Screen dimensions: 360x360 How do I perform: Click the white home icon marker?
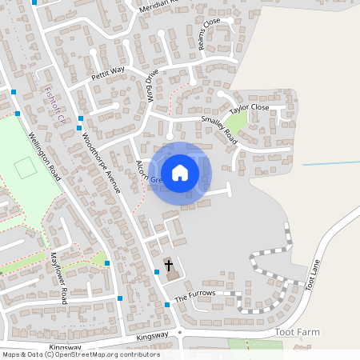tap(180, 172)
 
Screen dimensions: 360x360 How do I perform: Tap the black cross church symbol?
tap(169, 265)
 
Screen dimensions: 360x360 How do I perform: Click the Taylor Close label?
tap(249, 108)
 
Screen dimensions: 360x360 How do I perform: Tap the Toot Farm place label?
tap(297, 330)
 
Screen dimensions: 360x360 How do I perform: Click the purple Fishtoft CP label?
tap(54, 104)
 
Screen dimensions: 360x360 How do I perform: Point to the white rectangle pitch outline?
tap(25, 168)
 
